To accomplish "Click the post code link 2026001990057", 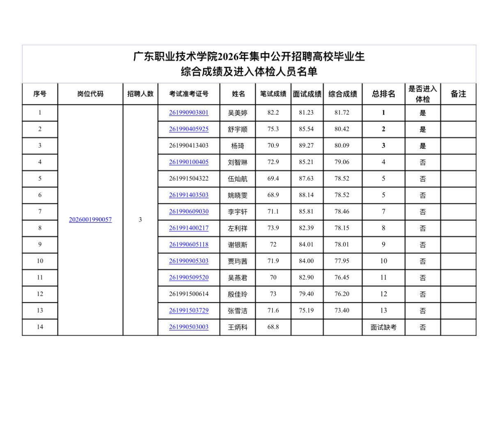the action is click(x=90, y=220).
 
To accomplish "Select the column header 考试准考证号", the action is click(x=188, y=94).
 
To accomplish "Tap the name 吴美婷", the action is click(x=237, y=113).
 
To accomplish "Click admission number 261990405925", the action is click(x=188, y=129).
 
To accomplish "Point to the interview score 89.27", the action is click(x=306, y=145).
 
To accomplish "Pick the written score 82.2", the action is click(x=273, y=113).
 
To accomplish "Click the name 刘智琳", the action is click(x=237, y=162).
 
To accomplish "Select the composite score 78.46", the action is click(x=342, y=212).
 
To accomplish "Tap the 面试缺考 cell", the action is click(x=383, y=327).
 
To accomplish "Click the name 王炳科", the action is click(x=237, y=327).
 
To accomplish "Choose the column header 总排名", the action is click(x=383, y=94).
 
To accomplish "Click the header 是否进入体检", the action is click(x=422, y=94).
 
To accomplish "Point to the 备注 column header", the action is click(x=458, y=94).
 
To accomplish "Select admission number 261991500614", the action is click(x=188, y=294).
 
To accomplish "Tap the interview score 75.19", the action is click(x=306, y=310).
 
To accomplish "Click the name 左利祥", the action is click(x=237, y=228).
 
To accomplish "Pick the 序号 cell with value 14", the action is click(x=40, y=327).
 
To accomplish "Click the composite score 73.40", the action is click(x=342, y=310).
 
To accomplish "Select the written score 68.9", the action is click(x=273, y=195).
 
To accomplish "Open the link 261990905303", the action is click(x=188, y=261).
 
